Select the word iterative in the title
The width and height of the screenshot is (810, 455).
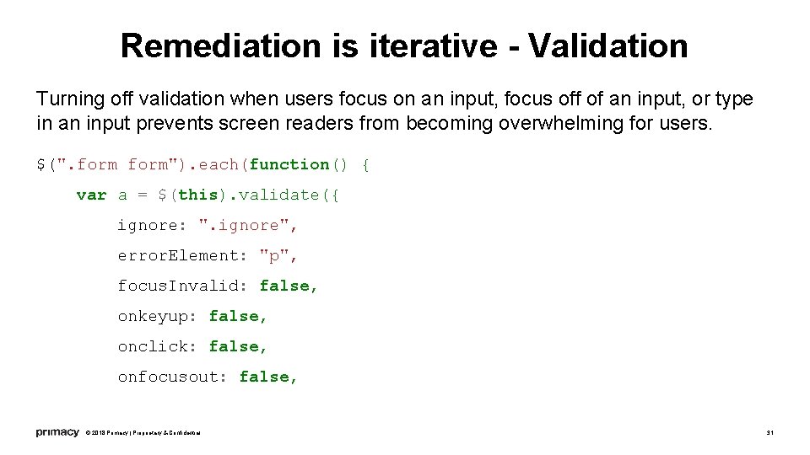(x=432, y=45)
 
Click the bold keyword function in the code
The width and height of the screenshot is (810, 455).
(x=289, y=164)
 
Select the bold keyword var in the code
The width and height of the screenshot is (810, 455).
(x=91, y=195)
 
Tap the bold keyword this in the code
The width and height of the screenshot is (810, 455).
(x=198, y=195)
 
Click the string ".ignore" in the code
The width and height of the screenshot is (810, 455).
(x=248, y=225)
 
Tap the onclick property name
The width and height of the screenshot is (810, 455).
(x=158, y=346)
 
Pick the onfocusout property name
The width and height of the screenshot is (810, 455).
(x=173, y=377)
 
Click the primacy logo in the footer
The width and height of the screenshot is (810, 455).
(x=57, y=432)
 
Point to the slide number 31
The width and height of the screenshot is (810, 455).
(x=769, y=433)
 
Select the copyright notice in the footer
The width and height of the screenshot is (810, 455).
(x=143, y=433)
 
